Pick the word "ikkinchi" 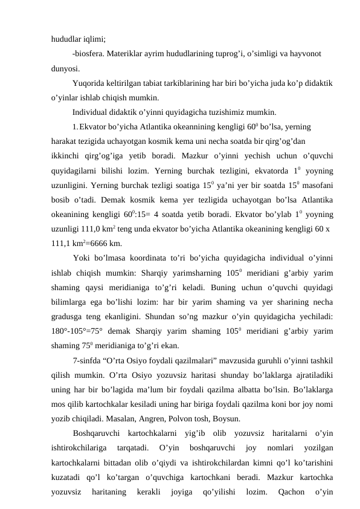point(67,156)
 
